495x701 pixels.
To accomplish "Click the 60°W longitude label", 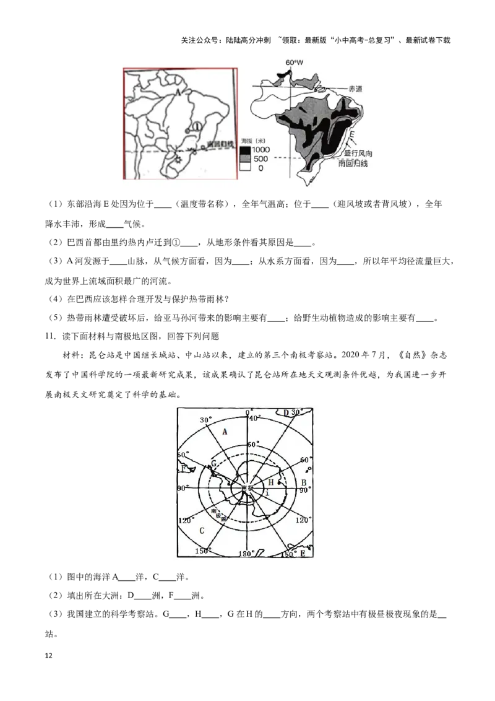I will pyautogui.click(x=295, y=63).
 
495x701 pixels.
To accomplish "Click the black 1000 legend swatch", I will pyautogui.click(x=244, y=150).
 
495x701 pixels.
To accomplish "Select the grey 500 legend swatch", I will pyautogui.click(x=244, y=159).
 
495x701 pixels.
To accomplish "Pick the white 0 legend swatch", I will pyautogui.click(x=244, y=168).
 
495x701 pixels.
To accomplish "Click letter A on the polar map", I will pyautogui.click(x=225, y=432).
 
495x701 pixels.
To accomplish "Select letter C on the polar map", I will pyautogui.click(x=201, y=531).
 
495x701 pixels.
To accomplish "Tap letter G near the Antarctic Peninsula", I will pyautogui.click(x=213, y=463).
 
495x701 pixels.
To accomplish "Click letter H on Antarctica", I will pyautogui.click(x=270, y=482).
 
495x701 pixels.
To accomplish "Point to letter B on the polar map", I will pyautogui.click(x=303, y=482).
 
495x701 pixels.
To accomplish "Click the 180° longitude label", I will pyautogui.click(x=246, y=554).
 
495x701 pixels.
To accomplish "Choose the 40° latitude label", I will pyautogui.click(x=252, y=418).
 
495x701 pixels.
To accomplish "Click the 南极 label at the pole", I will pyautogui.click(x=247, y=488).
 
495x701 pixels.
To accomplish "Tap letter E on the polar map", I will pyautogui.click(x=303, y=554).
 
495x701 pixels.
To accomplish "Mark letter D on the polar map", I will pyautogui.click(x=286, y=412).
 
